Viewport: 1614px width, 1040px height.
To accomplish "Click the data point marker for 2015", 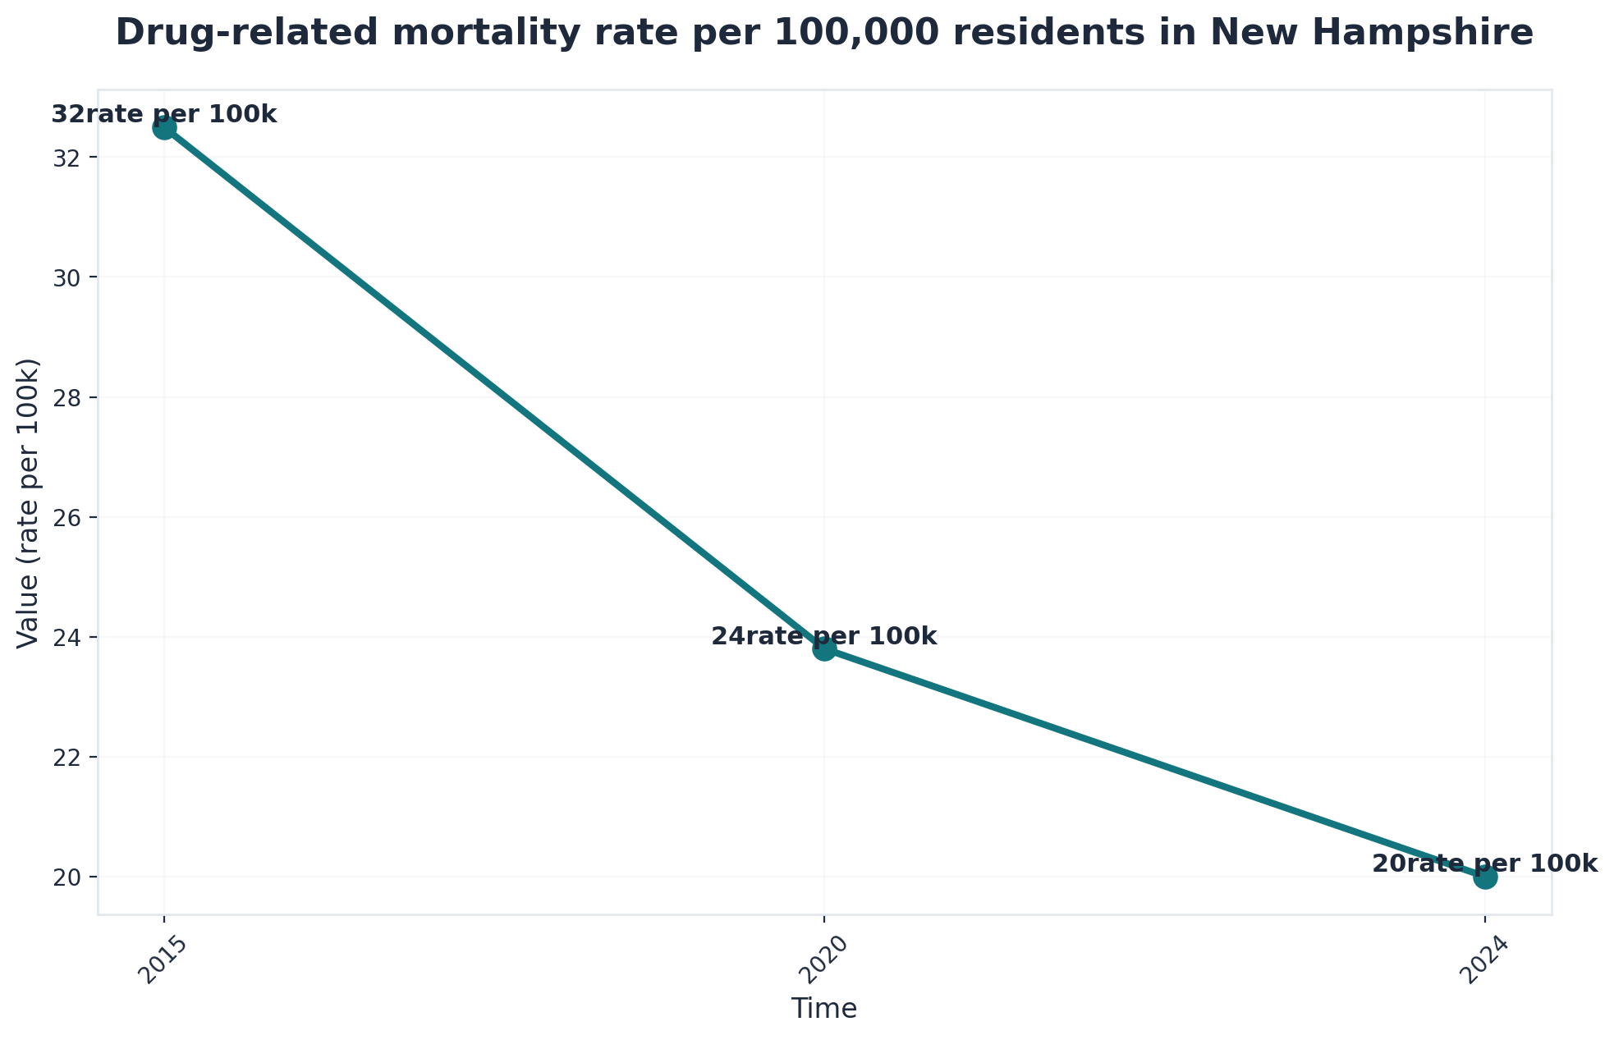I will pos(164,127).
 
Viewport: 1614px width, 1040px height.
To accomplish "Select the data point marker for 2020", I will pos(824,648).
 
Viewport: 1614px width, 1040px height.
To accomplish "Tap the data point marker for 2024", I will pos(1484,877).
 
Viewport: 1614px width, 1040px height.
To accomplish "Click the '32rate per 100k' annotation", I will pos(164,114).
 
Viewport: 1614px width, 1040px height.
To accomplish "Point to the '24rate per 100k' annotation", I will pos(823,636).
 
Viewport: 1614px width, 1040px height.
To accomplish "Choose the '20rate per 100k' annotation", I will pos(1484,864).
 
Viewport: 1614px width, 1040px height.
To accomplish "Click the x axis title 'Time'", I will pos(824,1008).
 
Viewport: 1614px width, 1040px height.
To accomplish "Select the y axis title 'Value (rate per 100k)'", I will pos(29,502).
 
